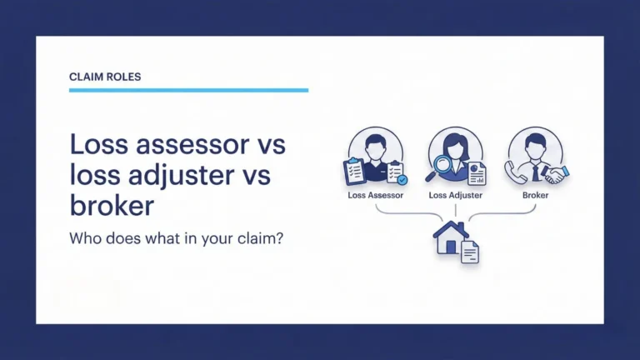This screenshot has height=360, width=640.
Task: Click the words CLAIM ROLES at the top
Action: (105, 77)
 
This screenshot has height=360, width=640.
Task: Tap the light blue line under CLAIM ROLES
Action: (188, 90)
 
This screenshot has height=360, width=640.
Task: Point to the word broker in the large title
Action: (112, 205)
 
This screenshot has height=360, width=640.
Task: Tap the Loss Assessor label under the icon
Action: (375, 195)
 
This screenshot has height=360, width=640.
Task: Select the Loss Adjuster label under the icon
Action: (455, 195)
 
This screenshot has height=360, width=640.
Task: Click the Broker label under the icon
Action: (535, 195)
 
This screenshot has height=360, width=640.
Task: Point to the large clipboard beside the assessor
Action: (355, 171)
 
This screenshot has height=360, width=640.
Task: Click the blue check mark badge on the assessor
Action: (402, 178)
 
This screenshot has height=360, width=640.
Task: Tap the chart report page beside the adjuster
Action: (477, 173)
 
